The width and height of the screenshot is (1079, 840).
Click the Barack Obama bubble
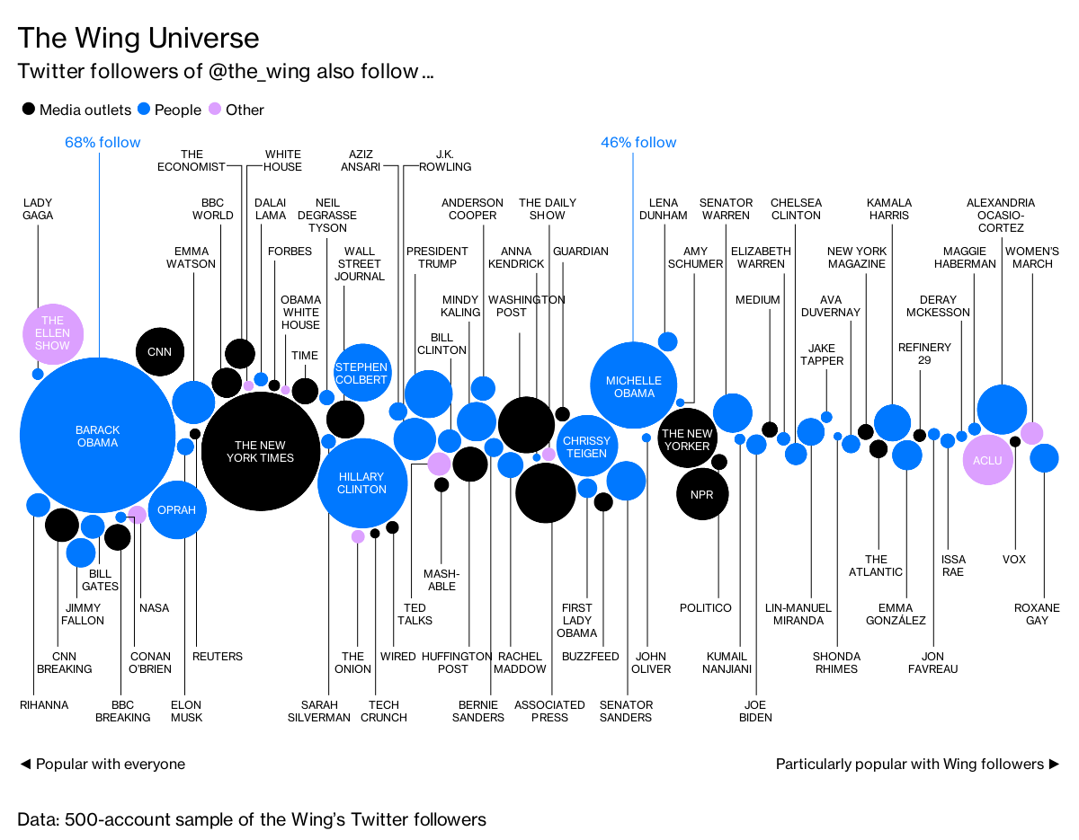97,436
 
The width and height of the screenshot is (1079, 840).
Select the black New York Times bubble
260,451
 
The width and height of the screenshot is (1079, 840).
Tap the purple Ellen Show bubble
53,333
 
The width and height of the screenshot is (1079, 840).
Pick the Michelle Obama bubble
634,386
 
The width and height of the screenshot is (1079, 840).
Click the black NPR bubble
702,495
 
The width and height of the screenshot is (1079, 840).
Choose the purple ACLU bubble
987,460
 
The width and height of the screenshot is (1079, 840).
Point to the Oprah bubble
177,509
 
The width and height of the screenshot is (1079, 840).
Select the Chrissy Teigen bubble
586,447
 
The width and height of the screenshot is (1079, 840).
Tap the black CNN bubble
160,352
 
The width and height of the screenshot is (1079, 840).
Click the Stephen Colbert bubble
361,373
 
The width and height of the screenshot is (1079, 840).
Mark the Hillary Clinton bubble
361,482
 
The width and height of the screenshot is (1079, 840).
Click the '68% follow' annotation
103,142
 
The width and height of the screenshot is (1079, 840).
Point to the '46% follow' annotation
638,142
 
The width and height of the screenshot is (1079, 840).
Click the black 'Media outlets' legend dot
29,110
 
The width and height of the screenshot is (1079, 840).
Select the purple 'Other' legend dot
215,110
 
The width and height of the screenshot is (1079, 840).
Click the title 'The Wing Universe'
138,38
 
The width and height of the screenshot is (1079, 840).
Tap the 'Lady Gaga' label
38,208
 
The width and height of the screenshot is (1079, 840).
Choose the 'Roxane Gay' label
1043,615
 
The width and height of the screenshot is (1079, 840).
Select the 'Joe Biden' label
755,711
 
